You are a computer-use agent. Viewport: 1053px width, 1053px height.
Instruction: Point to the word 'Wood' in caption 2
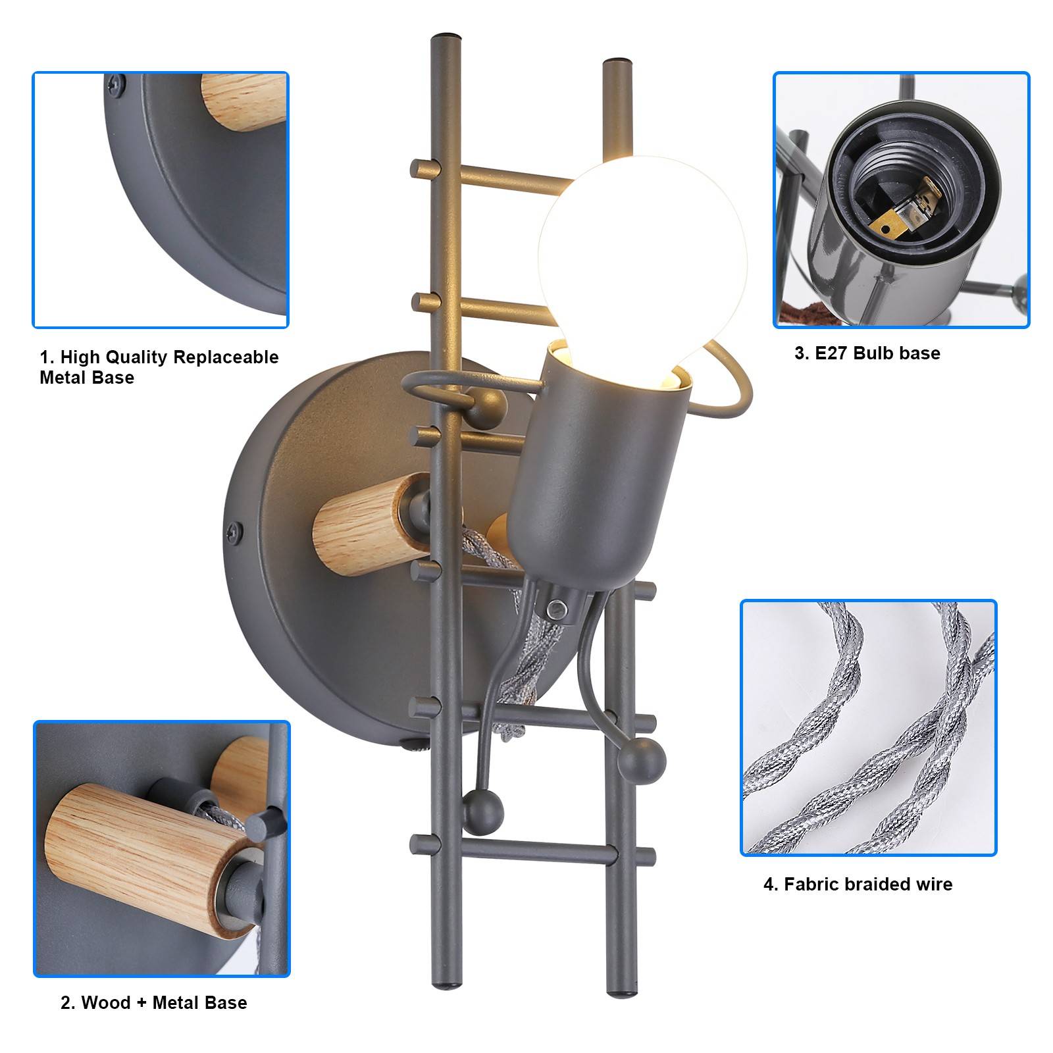pos(106,1002)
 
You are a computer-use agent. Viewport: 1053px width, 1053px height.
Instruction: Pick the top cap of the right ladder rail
pos(617,63)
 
